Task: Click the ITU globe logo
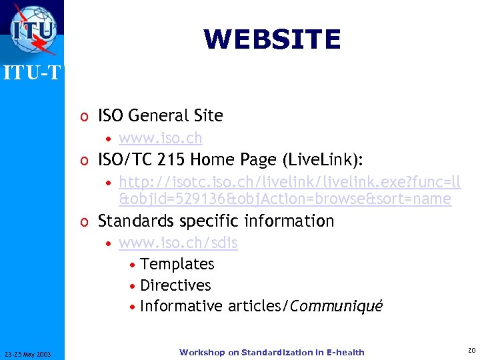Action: [x=33, y=30]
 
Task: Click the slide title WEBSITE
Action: [x=272, y=39]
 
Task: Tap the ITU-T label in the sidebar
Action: [x=32, y=72]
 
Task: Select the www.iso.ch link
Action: [x=160, y=138]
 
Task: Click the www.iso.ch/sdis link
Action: [x=178, y=243]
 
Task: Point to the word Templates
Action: [x=177, y=264]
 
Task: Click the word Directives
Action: [x=175, y=285]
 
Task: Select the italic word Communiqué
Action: [x=337, y=307]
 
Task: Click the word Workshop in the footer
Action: [x=202, y=352]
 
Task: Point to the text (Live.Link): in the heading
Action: [x=329, y=160]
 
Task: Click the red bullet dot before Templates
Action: [x=134, y=265]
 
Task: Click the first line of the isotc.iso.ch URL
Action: [x=289, y=182]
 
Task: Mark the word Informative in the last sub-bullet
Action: [x=182, y=306]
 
